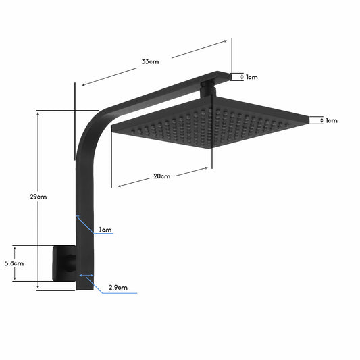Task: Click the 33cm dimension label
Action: pyautogui.click(x=150, y=61)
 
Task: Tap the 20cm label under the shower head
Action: pyautogui.click(x=161, y=176)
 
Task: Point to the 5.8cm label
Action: pyautogui.click(x=14, y=263)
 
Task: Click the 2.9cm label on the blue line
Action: pyautogui.click(x=118, y=287)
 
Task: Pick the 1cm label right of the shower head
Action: pyautogui.click(x=331, y=121)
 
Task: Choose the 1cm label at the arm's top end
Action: pyautogui.click(x=251, y=77)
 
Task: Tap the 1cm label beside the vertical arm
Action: pyautogui.click(x=105, y=230)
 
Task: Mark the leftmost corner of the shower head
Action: pyautogui.click(x=113, y=131)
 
